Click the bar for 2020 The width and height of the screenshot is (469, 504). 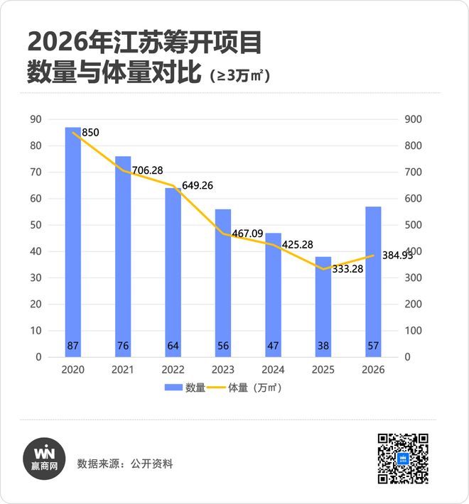[73, 241]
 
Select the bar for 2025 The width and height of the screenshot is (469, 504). [323, 305]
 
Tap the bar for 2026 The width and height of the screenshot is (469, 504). [373, 281]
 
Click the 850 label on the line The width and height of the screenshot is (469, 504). [90, 133]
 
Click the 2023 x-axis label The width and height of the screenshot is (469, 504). [223, 370]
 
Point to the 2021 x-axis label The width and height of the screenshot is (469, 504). [123, 370]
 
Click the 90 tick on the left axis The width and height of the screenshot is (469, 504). [35, 119]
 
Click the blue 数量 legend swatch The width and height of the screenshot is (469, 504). [174, 388]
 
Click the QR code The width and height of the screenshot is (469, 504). [402, 459]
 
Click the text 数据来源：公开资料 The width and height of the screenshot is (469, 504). [124, 464]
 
